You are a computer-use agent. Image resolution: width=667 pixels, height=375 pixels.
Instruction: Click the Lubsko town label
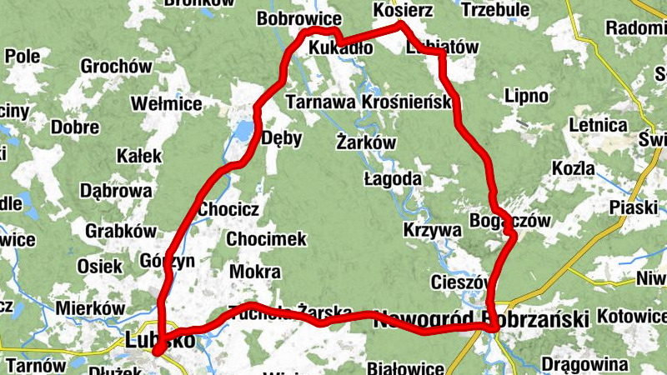[x=160, y=339]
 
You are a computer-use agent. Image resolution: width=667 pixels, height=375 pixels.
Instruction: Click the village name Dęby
[x=281, y=138]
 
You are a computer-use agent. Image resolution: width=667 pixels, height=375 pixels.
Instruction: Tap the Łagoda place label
[x=393, y=179]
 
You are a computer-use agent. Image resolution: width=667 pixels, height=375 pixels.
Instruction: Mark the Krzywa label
[x=432, y=229]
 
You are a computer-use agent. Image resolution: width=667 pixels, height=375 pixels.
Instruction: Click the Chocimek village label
[x=267, y=239]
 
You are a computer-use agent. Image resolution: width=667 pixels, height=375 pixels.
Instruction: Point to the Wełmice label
[x=167, y=104]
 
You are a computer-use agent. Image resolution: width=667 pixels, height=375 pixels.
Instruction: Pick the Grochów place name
[x=115, y=67]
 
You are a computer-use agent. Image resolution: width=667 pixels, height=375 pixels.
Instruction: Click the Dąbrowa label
[x=116, y=190]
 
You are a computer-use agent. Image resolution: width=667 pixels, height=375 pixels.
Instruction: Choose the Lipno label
[x=527, y=97]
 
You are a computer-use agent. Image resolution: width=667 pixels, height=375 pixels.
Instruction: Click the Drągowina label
[x=584, y=364]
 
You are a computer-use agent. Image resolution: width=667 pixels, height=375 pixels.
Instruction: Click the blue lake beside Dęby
[x=242, y=131]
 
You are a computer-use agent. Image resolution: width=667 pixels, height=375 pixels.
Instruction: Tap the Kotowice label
[x=634, y=317]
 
